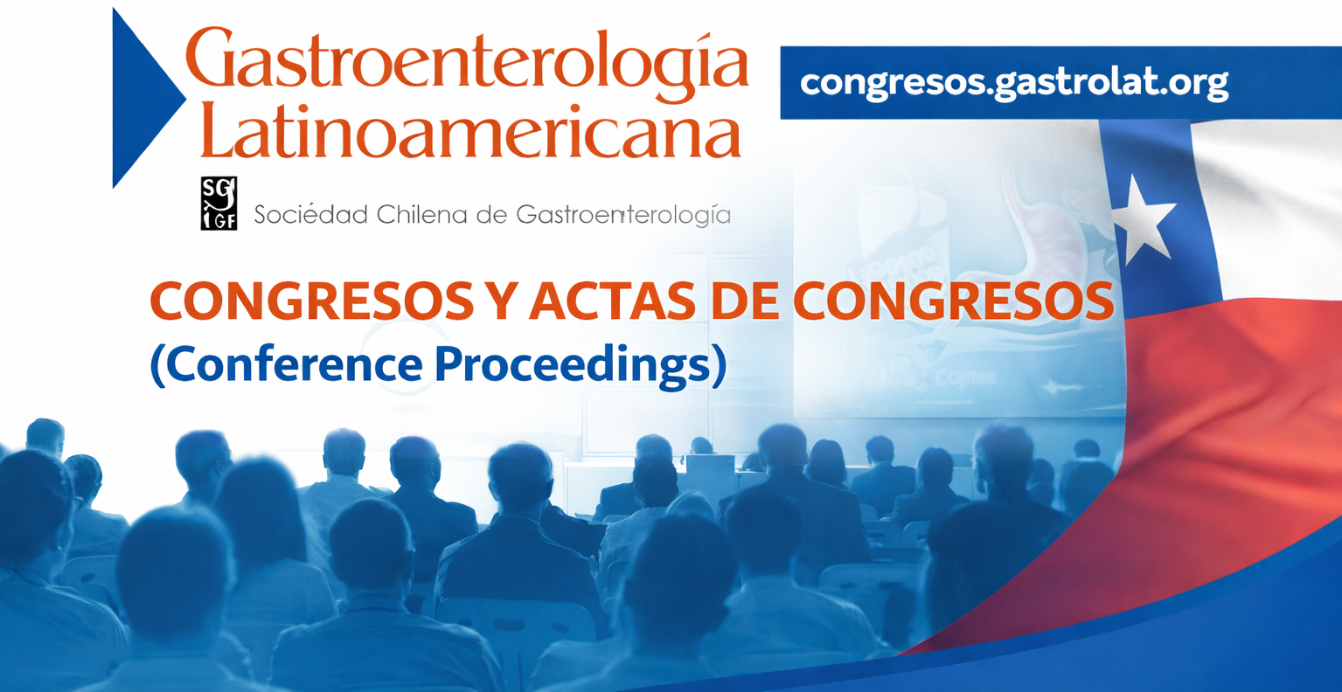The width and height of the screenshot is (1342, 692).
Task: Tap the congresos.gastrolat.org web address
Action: click(x=1014, y=82)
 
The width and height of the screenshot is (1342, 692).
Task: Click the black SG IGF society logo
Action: click(x=219, y=203)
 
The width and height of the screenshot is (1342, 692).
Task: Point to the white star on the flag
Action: click(x=1144, y=218)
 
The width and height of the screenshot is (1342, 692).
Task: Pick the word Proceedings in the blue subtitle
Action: click(x=581, y=364)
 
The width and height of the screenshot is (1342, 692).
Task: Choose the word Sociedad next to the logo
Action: click(x=310, y=214)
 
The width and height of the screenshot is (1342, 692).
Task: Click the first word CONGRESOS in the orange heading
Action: click(x=311, y=302)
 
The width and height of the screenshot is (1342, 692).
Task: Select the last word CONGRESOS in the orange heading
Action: click(x=953, y=302)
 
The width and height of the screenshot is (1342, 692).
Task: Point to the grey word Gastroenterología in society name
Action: click(x=623, y=214)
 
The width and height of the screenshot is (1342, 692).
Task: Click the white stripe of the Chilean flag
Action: click(x=1268, y=201)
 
